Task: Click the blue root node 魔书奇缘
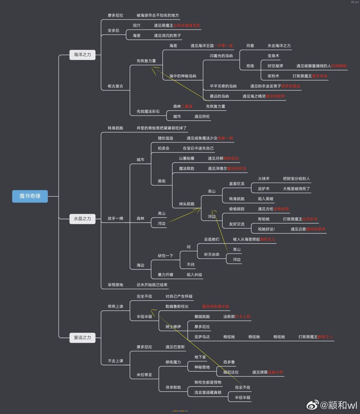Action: coord(30,196)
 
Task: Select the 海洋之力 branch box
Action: coord(82,54)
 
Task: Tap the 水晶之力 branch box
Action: coord(82,219)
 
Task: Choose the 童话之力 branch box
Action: coord(82,337)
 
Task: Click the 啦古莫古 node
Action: coord(115,86)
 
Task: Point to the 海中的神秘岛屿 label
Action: coord(183,76)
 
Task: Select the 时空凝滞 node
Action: coord(275,66)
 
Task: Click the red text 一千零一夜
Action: coord(224,46)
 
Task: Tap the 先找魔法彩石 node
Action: coord(148,111)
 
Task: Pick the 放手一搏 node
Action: coord(115,218)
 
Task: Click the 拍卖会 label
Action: coord(163,148)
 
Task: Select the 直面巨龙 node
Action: coord(237,184)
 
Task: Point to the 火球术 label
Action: coord(264,179)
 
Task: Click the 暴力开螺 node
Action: coord(165,275)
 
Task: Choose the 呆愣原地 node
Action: coord(115,285)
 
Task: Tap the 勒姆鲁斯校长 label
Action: coord(177,306)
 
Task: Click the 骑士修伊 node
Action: coord(173,327)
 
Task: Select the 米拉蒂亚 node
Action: coord(144,375)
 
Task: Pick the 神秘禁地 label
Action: coord(202,367)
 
